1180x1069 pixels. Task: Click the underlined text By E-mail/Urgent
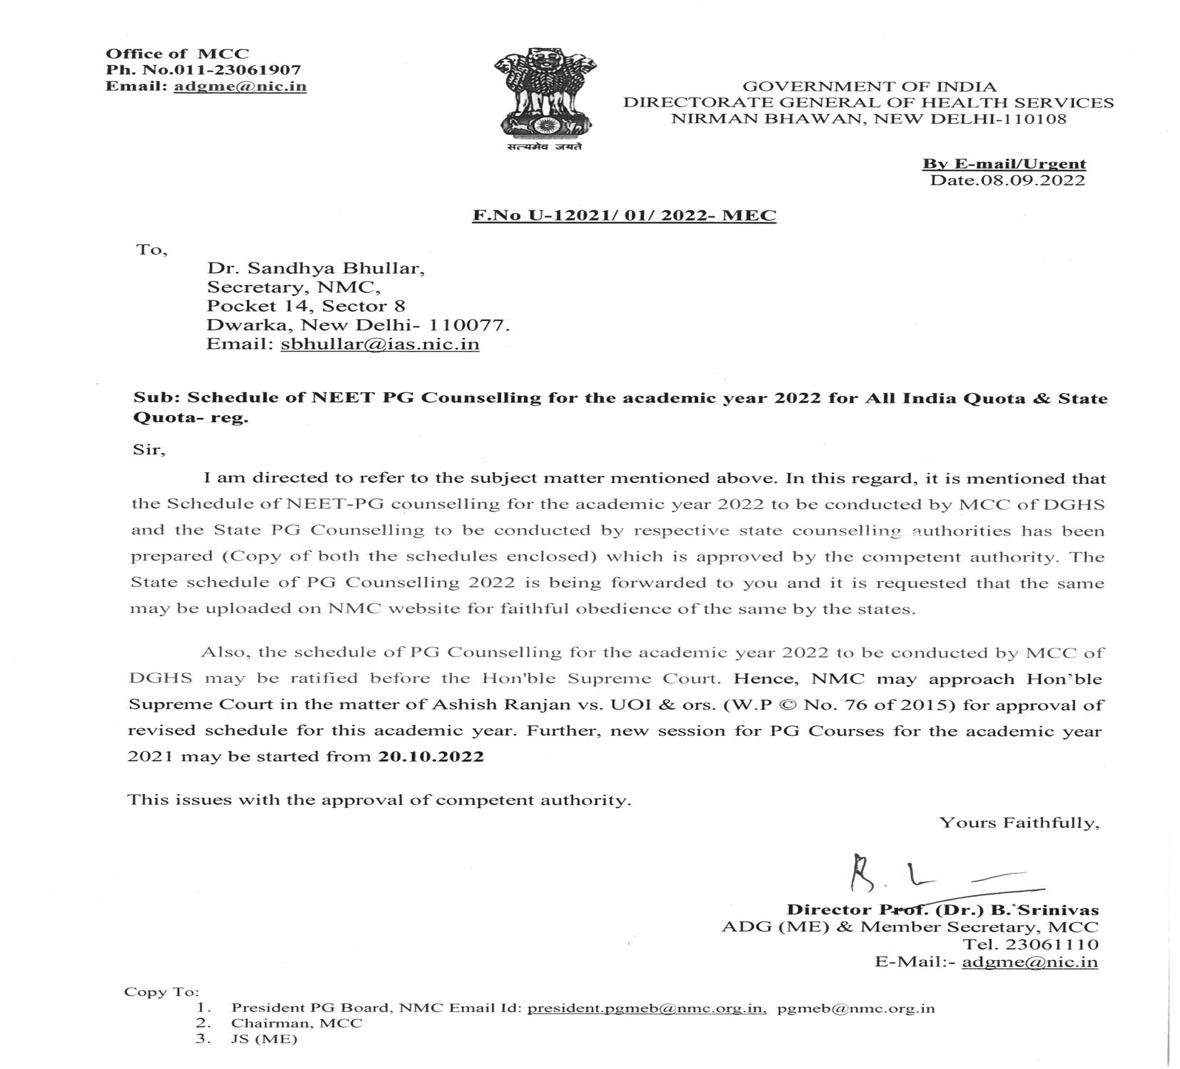click(x=1004, y=164)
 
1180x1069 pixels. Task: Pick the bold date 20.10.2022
click(x=431, y=756)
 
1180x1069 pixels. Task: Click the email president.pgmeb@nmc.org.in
click(x=647, y=1008)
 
